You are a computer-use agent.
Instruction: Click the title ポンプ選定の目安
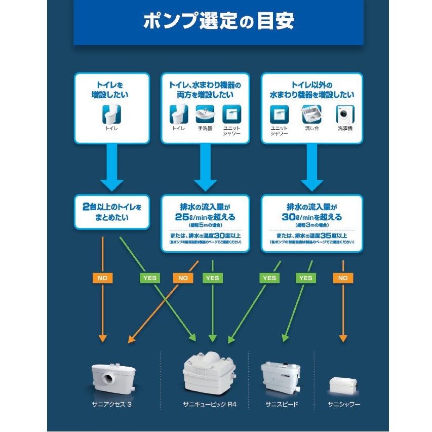[218, 22]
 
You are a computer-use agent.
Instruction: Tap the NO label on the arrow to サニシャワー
[343, 278]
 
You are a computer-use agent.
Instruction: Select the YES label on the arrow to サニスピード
[305, 278]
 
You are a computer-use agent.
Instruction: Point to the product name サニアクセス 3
[112, 405]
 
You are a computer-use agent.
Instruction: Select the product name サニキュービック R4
[210, 405]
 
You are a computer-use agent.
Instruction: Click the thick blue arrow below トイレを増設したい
[113, 167]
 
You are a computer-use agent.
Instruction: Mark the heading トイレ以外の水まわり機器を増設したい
[311, 90]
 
